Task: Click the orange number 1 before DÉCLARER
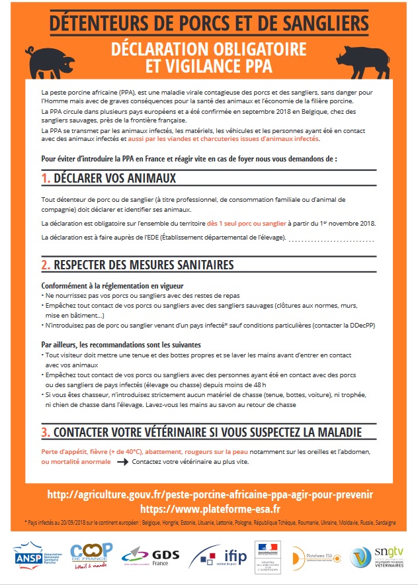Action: point(46,179)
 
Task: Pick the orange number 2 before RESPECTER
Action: point(46,265)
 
